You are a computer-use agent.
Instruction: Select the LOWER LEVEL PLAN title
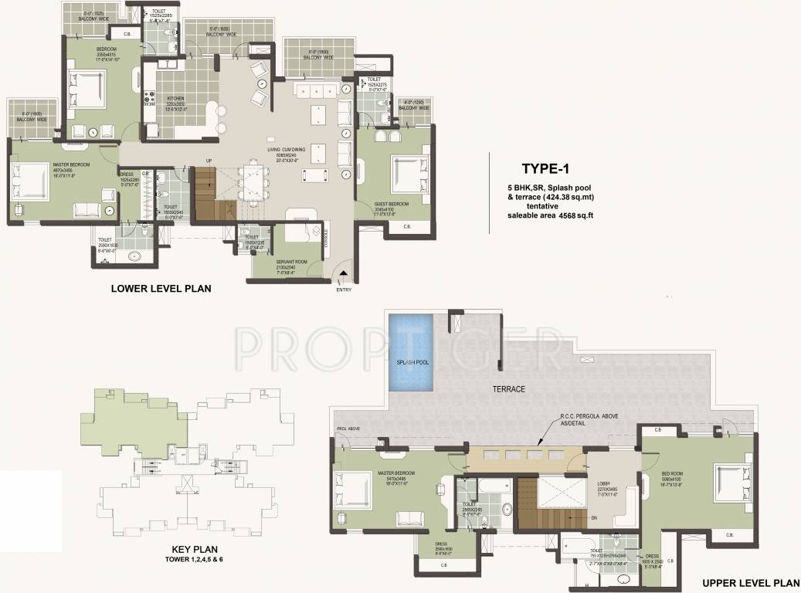point(161,289)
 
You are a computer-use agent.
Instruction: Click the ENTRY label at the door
point(344,290)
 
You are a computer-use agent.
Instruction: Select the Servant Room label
point(291,264)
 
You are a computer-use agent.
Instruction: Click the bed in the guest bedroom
point(405,168)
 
